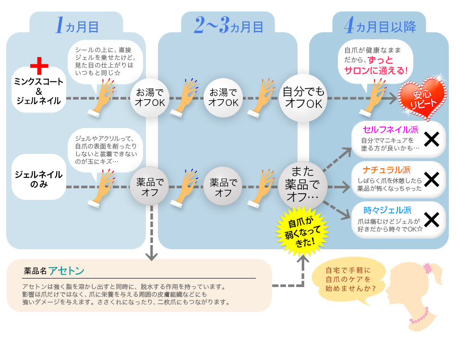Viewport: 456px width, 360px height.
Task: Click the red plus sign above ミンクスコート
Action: coord(39,66)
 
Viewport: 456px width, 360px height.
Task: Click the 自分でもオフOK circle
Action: coord(303,98)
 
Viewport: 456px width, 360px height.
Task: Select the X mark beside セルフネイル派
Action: coord(432,139)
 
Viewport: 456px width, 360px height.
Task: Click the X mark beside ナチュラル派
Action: coord(432,179)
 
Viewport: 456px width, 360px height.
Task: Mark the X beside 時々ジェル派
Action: coord(432,220)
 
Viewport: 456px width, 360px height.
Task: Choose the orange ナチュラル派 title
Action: coord(386,170)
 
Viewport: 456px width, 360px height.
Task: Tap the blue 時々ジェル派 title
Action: coord(387,209)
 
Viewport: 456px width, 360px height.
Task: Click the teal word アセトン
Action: coord(67,270)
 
